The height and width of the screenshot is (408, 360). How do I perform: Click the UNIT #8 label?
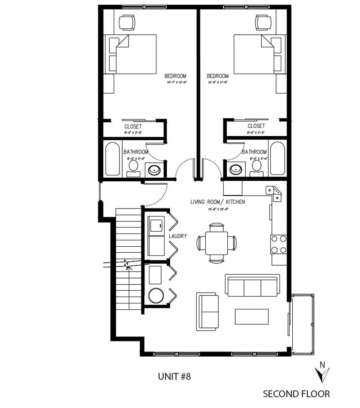[174, 376]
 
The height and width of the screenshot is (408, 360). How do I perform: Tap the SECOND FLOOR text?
[296, 394]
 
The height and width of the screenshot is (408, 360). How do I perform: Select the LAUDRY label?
[178, 236]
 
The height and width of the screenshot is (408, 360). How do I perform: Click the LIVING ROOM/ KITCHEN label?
[217, 202]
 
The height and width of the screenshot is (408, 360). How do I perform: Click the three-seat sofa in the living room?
[253, 285]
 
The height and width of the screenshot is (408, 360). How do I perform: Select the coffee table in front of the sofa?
[252, 317]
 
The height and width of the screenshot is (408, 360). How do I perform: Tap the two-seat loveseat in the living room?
[208, 311]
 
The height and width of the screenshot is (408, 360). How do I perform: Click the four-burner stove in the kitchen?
[279, 244]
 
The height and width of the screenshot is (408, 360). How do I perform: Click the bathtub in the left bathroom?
[112, 159]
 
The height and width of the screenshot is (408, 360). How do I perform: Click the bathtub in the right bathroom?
[278, 159]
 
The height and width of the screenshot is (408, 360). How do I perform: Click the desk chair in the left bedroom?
[127, 22]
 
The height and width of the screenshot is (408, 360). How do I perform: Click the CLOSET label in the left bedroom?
[133, 127]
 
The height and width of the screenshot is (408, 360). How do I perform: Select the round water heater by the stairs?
[155, 295]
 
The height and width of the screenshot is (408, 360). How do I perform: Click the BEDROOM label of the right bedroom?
[217, 76]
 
